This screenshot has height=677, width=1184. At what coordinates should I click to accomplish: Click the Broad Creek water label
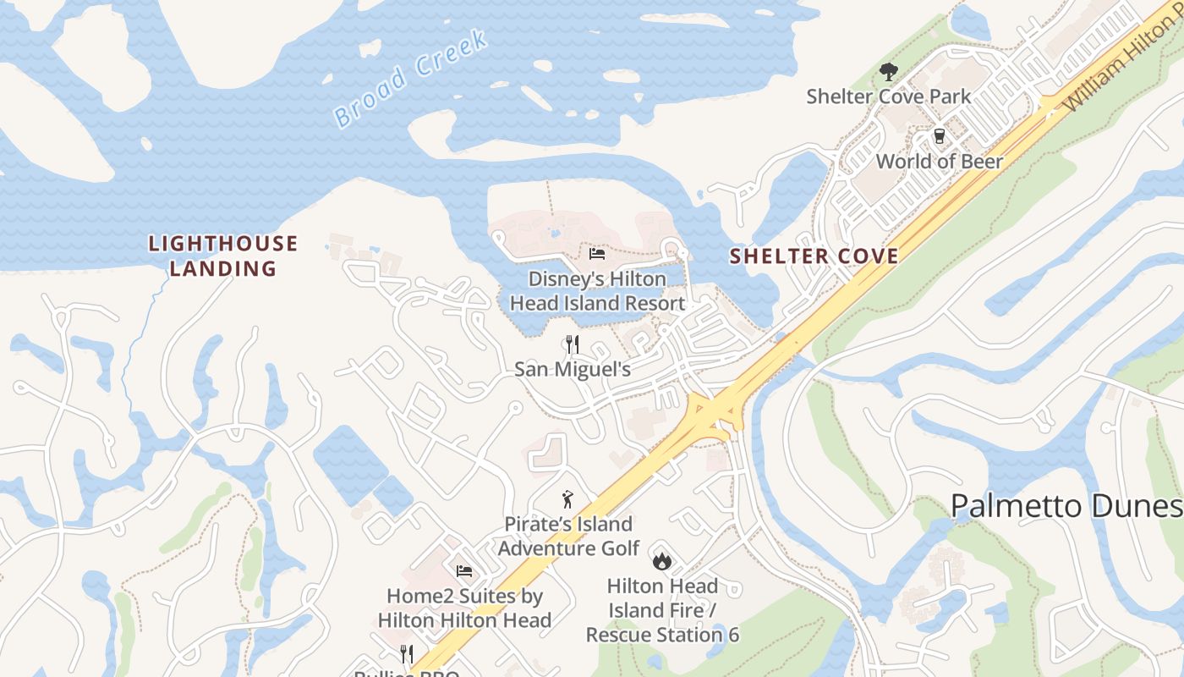(x=411, y=79)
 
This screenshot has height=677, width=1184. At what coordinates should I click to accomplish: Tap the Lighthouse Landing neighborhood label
(x=223, y=256)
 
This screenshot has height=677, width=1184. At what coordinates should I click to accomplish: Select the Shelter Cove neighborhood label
(x=814, y=256)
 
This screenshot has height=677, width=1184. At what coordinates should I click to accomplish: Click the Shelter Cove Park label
(x=889, y=96)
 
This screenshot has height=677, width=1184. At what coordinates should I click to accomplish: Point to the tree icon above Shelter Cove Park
(x=888, y=72)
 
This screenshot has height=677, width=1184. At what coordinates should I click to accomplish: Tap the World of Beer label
(x=939, y=162)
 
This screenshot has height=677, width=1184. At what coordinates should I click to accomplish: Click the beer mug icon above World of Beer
(x=939, y=136)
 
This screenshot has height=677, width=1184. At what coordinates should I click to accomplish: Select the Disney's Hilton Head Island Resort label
(x=597, y=291)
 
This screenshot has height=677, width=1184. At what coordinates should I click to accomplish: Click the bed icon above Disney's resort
(x=597, y=254)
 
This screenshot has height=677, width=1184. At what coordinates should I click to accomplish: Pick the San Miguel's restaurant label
(x=573, y=370)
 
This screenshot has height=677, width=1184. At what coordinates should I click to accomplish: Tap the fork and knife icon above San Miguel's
(x=573, y=344)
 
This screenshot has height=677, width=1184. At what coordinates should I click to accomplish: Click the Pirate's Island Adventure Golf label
(x=568, y=537)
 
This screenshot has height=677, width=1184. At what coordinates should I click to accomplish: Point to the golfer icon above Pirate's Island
(x=568, y=499)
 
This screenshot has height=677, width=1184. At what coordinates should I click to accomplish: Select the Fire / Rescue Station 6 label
(x=662, y=610)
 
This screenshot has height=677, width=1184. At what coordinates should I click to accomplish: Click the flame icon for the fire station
(x=661, y=560)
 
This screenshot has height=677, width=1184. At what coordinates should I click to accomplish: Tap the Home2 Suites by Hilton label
(x=464, y=608)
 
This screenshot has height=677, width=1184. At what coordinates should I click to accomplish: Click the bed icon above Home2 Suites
(x=463, y=571)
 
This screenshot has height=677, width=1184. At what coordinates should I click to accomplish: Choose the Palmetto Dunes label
(x=1066, y=506)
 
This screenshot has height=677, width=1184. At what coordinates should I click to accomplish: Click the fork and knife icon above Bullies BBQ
(x=407, y=653)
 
